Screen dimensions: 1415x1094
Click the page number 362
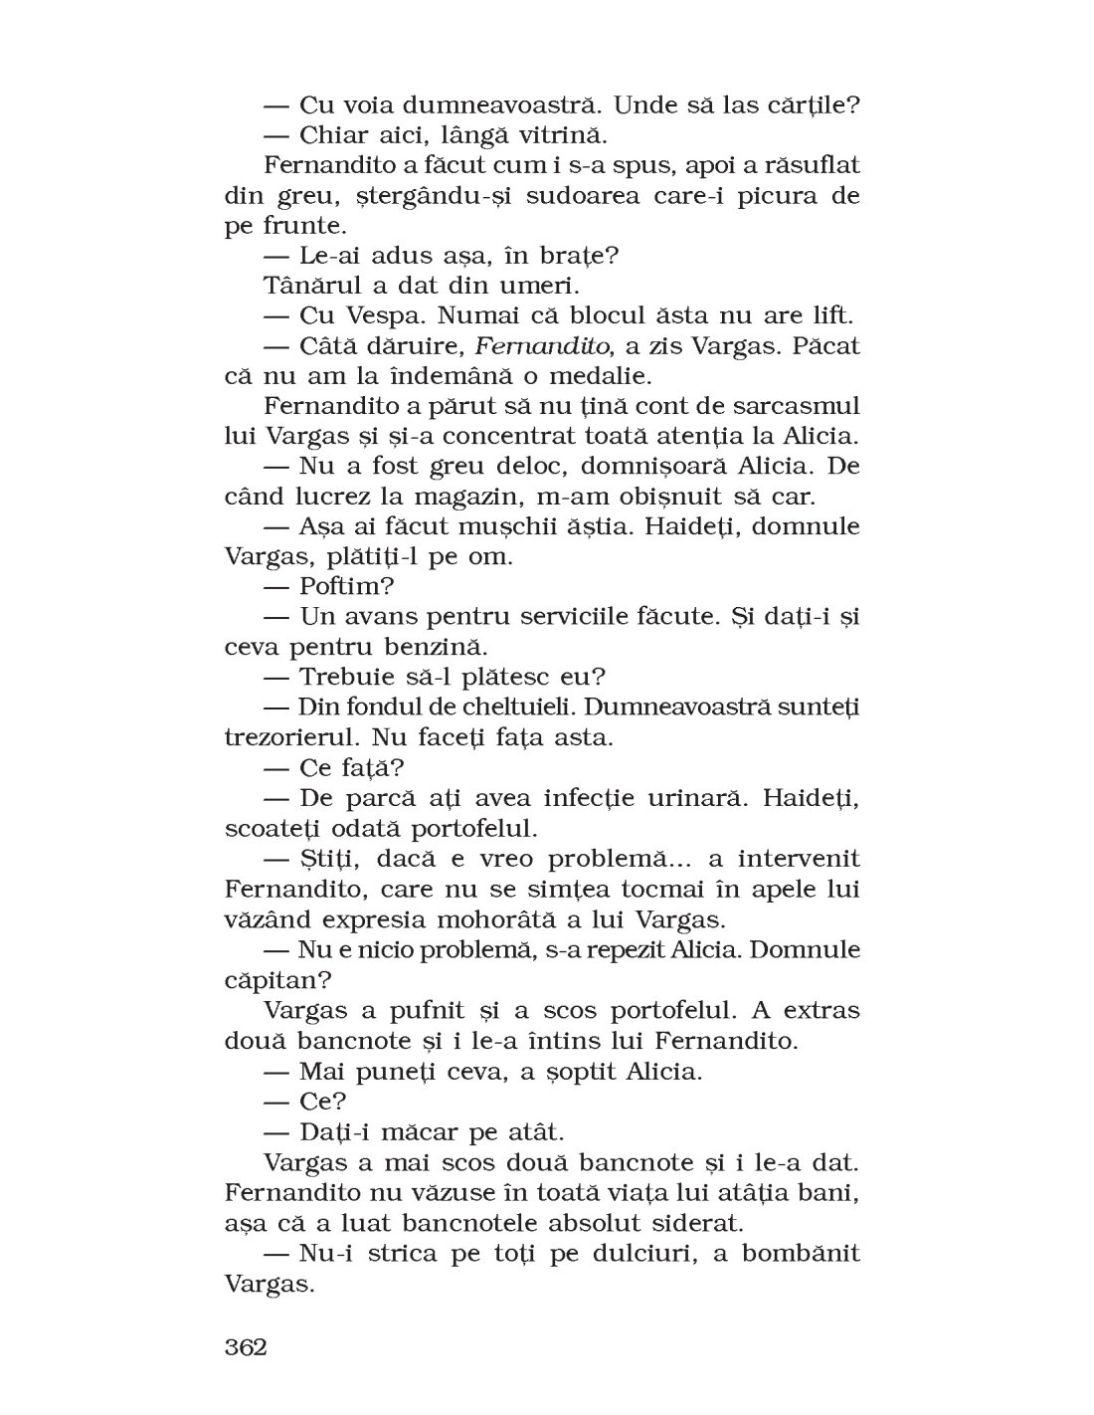(246, 1347)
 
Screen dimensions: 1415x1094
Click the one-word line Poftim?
(336, 587)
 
